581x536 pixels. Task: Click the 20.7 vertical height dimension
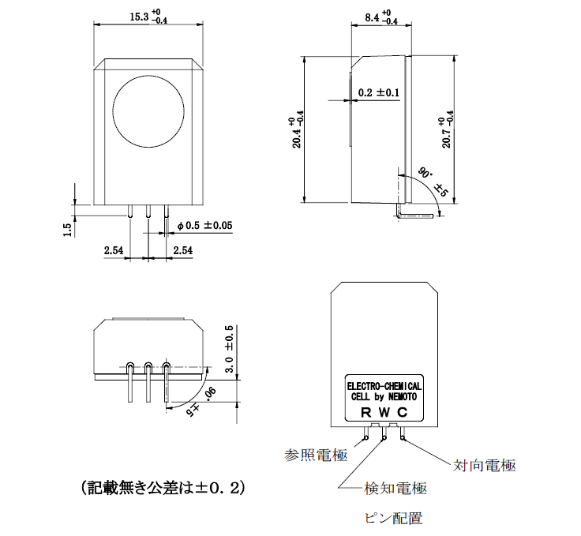click(447, 131)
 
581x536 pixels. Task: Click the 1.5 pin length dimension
click(69, 228)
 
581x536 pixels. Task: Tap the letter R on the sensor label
click(365, 412)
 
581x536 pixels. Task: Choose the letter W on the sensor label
click(384, 412)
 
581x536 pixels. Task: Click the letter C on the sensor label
click(403, 412)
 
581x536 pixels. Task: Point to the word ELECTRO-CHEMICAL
click(384, 386)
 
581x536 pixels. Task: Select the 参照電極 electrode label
click(316, 455)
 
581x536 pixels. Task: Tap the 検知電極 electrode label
click(395, 489)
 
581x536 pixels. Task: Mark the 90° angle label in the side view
click(425, 171)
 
